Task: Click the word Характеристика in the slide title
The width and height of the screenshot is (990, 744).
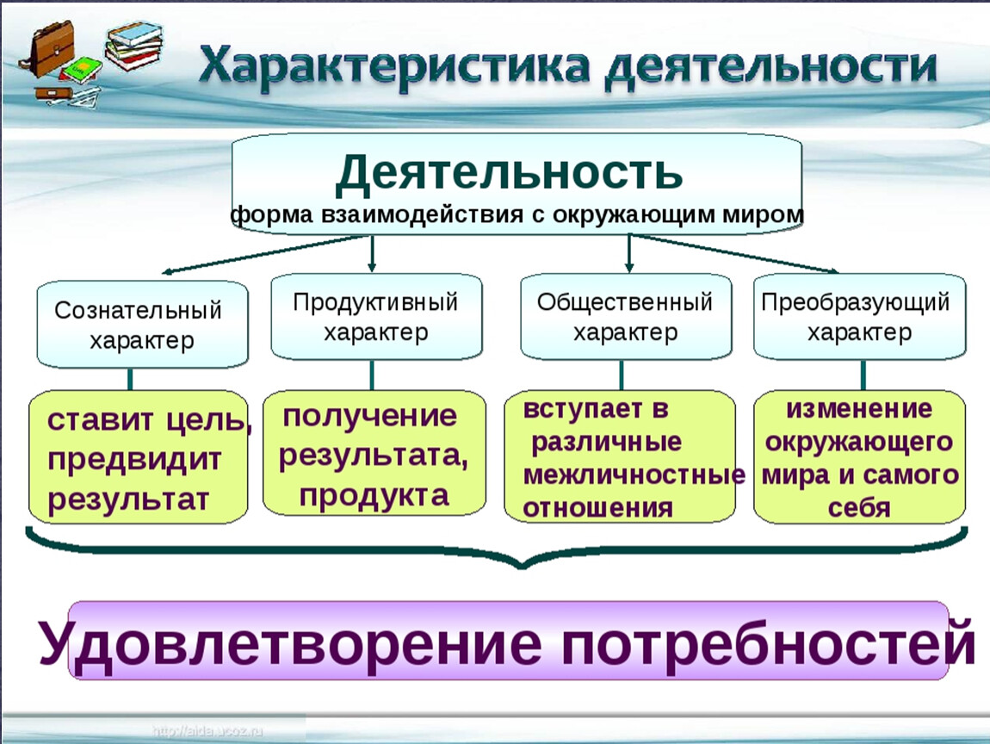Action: [x=393, y=70]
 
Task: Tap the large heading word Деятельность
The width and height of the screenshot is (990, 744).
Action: [x=510, y=173]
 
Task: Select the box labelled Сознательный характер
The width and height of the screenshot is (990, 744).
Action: [x=142, y=325]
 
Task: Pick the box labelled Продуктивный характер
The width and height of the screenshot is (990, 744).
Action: [x=375, y=316]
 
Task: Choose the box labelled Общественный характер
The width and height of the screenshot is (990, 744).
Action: [x=626, y=316]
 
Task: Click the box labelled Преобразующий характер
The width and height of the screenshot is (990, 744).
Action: [x=859, y=316]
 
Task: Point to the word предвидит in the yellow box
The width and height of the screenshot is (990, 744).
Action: [x=134, y=460]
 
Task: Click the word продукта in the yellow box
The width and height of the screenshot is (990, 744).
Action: [x=374, y=495]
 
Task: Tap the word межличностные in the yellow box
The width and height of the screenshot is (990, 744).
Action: [x=634, y=476]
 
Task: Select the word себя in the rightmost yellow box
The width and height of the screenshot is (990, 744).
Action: [x=858, y=508]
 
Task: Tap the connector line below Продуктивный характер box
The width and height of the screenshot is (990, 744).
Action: [x=373, y=375]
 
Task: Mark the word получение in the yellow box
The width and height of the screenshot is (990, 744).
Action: [x=370, y=418]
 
